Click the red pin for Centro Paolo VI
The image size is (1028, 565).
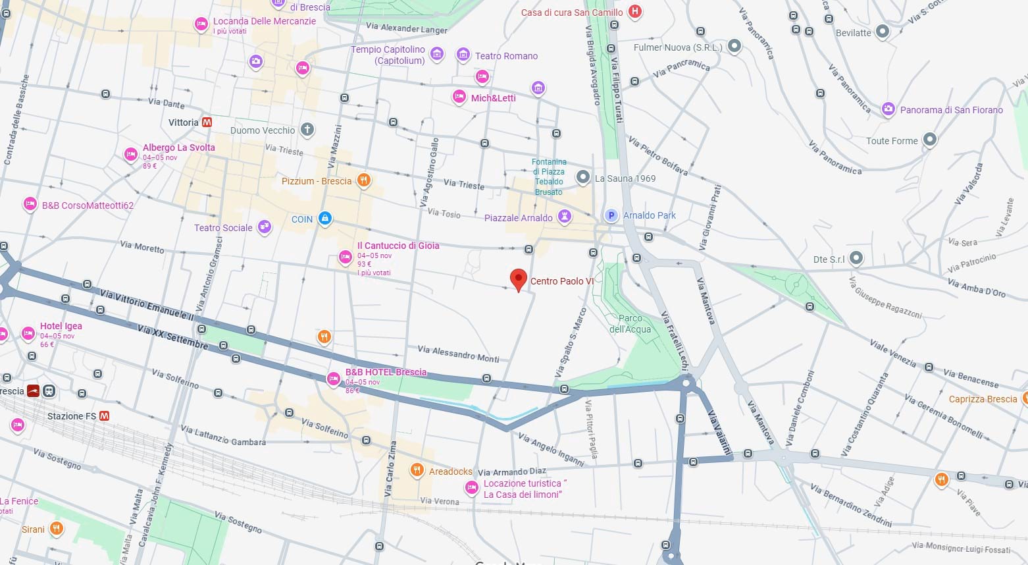[x=519, y=279]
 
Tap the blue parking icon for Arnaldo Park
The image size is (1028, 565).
[x=611, y=215]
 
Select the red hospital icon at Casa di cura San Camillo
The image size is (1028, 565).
[x=634, y=11]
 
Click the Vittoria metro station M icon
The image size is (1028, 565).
[x=207, y=122]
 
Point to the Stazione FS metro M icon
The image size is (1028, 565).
[x=104, y=416]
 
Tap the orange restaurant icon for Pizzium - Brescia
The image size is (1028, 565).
[x=363, y=180]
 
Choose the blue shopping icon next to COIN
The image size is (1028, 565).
[x=324, y=219]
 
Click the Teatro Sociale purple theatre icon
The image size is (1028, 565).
[x=264, y=227]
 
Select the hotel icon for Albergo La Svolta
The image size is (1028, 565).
[x=131, y=155]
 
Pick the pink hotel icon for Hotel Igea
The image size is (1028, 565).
[x=28, y=333]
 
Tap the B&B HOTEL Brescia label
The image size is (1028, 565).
[x=386, y=372]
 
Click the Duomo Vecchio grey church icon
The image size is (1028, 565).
[x=307, y=130]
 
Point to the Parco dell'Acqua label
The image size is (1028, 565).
[x=630, y=324]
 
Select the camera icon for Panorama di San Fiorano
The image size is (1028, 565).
[x=888, y=109]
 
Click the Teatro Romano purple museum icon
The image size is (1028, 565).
[x=463, y=55]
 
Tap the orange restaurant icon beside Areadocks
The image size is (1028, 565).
[x=417, y=470]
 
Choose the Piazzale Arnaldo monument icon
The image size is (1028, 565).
[x=564, y=217]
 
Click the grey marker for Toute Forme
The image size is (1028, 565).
[x=929, y=140]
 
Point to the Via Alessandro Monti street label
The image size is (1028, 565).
[x=458, y=354]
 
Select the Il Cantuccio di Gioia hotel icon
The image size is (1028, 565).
[x=345, y=257]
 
